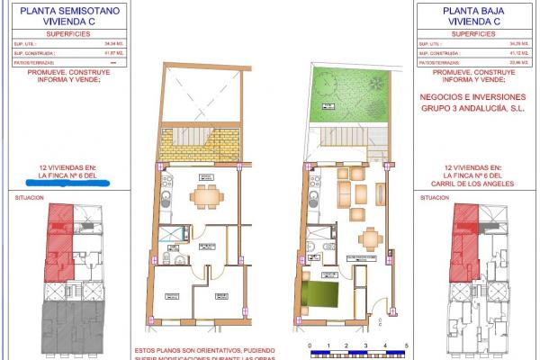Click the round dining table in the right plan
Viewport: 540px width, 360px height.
click(369, 239)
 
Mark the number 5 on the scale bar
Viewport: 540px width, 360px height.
click(406, 345)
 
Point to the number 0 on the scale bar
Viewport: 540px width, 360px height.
click(309, 345)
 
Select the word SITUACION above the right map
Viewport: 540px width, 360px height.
click(436, 197)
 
